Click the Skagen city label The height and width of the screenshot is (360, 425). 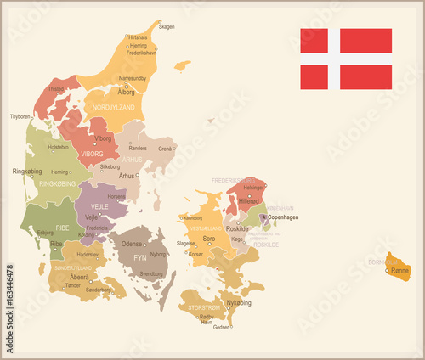(x=167, y=26)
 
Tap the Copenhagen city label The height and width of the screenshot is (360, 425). (x=283, y=217)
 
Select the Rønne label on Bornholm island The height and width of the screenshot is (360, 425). (x=399, y=271)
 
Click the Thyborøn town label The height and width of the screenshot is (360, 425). (x=20, y=116)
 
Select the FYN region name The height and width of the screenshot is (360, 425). (x=139, y=256)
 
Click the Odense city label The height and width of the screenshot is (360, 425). (x=131, y=244)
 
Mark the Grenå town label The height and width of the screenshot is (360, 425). (x=166, y=149)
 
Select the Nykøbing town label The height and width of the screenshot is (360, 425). (x=239, y=302)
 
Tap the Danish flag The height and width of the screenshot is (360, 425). (x=346, y=59)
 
